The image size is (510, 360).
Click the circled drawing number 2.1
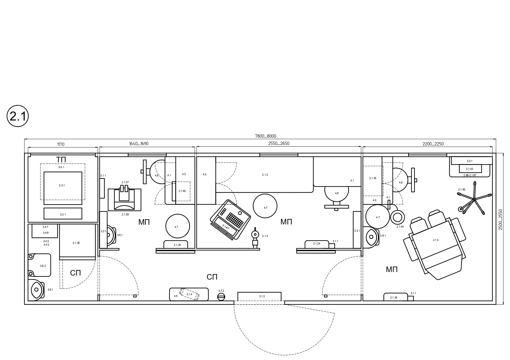pos(18,117)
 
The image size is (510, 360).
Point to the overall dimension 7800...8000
pos(265,136)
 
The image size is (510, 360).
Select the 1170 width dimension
pos(61,144)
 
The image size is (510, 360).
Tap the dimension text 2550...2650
pos(279,143)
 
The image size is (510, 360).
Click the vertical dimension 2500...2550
pos(500,219)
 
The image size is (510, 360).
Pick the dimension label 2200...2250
pos(433,144)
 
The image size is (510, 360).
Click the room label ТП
pos(61,160)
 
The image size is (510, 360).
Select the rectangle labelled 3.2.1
pos(63,213)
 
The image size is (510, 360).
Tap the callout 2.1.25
pos(76,243)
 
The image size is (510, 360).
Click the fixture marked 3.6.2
pos(40,265)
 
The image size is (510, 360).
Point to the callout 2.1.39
pos(125,214)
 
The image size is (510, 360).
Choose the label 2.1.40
pos(182,191)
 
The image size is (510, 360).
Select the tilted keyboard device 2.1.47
pos(230,219)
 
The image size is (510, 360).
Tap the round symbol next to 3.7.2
pos(221,297)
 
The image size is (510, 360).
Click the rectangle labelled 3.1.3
pos(260,296)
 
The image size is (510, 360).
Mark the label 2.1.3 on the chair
pos(436,240)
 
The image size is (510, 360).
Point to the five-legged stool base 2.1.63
pos(474,199)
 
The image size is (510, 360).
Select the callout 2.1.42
pos(469,169)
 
